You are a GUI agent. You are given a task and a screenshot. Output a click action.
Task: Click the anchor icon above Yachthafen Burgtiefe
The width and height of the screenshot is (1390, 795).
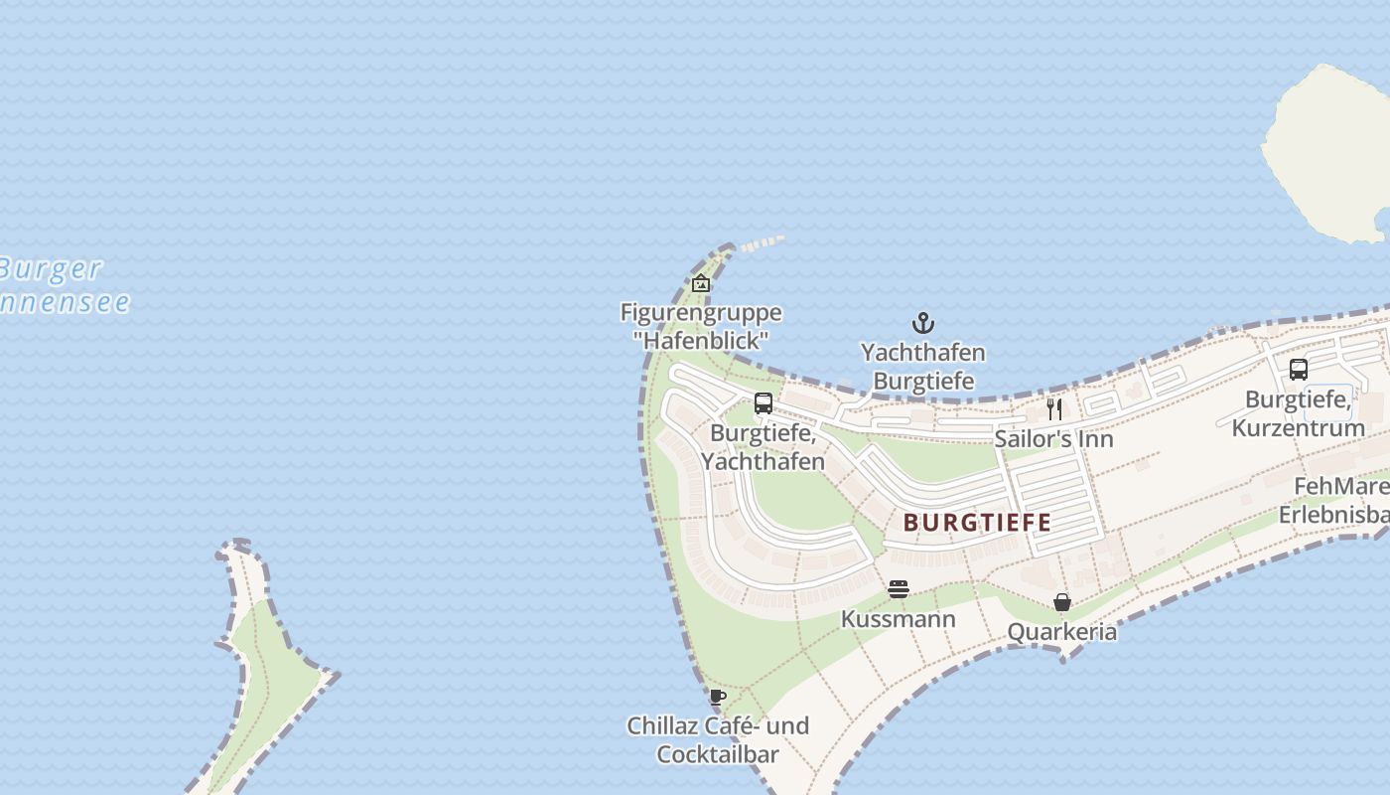click(923, 323)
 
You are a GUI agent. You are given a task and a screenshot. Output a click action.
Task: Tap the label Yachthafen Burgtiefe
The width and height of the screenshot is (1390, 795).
click(922, 367)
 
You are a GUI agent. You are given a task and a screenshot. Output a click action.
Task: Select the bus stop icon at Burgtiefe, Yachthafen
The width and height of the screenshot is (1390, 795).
click(763, 403)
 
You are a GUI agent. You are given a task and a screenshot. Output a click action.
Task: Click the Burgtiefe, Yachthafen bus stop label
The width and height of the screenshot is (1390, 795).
click(763, 447)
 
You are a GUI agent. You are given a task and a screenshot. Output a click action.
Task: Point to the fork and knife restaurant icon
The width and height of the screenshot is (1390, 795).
click(1054, 408)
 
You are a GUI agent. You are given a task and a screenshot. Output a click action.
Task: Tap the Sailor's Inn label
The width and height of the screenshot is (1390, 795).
click(1053, 438)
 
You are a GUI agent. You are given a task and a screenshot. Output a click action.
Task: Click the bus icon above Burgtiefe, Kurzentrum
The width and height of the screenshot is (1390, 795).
click(1298, 370)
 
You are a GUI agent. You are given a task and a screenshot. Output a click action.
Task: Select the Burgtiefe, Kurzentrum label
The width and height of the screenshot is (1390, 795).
click(1298, 413)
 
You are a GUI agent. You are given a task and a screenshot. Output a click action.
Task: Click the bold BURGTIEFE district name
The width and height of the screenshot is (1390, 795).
click(977, 522)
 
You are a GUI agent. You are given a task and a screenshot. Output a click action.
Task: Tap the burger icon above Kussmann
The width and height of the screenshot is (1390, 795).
click(899, 589)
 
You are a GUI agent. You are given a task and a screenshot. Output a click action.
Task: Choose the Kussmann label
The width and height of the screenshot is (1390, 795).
click(899, 619)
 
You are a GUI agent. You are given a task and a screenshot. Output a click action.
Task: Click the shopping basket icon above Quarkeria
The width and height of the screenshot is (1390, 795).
click(1062, 602)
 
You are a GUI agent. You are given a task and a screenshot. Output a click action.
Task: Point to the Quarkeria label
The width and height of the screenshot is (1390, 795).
click(1061, 632)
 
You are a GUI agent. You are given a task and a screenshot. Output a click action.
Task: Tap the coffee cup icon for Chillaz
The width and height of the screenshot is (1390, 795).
click(717, 697)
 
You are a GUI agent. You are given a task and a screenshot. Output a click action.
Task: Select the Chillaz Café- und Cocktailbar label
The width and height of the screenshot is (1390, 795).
click(718, 739)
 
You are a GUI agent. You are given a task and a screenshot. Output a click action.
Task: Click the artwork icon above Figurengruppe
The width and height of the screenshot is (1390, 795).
click(701, 283)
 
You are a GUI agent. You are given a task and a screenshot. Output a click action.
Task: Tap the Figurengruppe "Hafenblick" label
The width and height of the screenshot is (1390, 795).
click(701, 326)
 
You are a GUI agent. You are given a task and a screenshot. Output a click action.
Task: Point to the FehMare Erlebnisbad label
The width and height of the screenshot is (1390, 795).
click(1335, 501)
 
